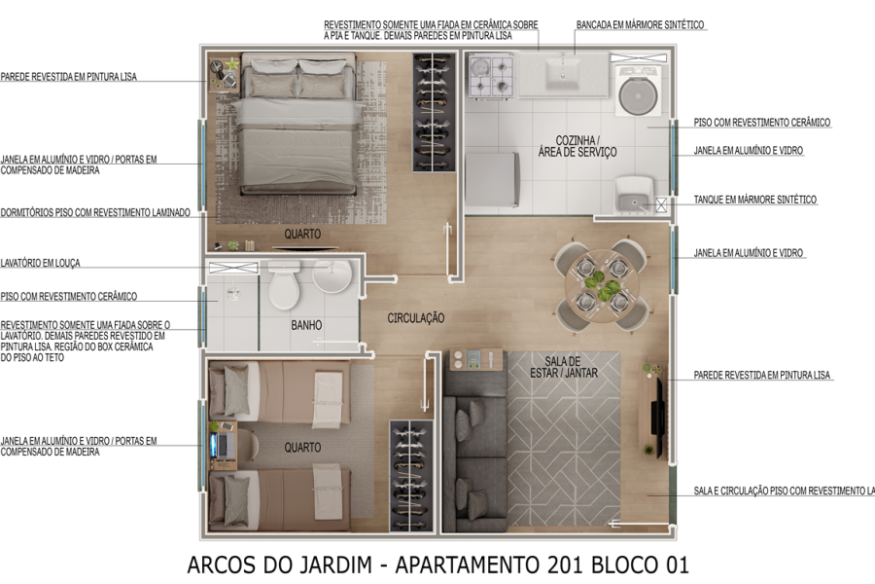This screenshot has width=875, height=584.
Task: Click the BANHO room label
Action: (x=306, y=325)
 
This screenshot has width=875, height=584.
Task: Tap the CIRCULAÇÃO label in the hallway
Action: (x=416, y=318)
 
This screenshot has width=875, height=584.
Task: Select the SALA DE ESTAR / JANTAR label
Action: (x=564, y=367)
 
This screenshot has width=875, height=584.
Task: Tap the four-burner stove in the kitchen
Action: (x=491, y=77)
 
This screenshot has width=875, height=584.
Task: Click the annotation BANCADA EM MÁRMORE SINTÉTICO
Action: (x=640, y=24)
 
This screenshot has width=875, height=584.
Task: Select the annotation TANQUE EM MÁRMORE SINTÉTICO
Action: (x=755, y=200)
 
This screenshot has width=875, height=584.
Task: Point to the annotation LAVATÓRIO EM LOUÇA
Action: (x=41, y=263)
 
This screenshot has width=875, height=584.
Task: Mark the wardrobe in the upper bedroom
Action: (x=433, y=112)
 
